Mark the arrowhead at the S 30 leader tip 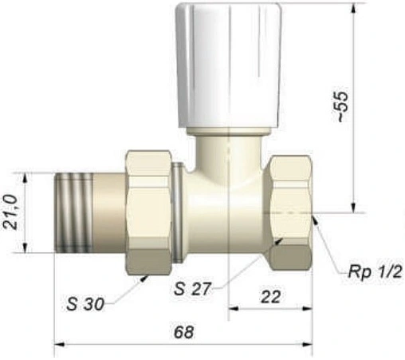coord(148,275)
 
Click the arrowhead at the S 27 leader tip coord(281,237)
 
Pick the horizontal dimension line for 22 coord(271,308)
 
